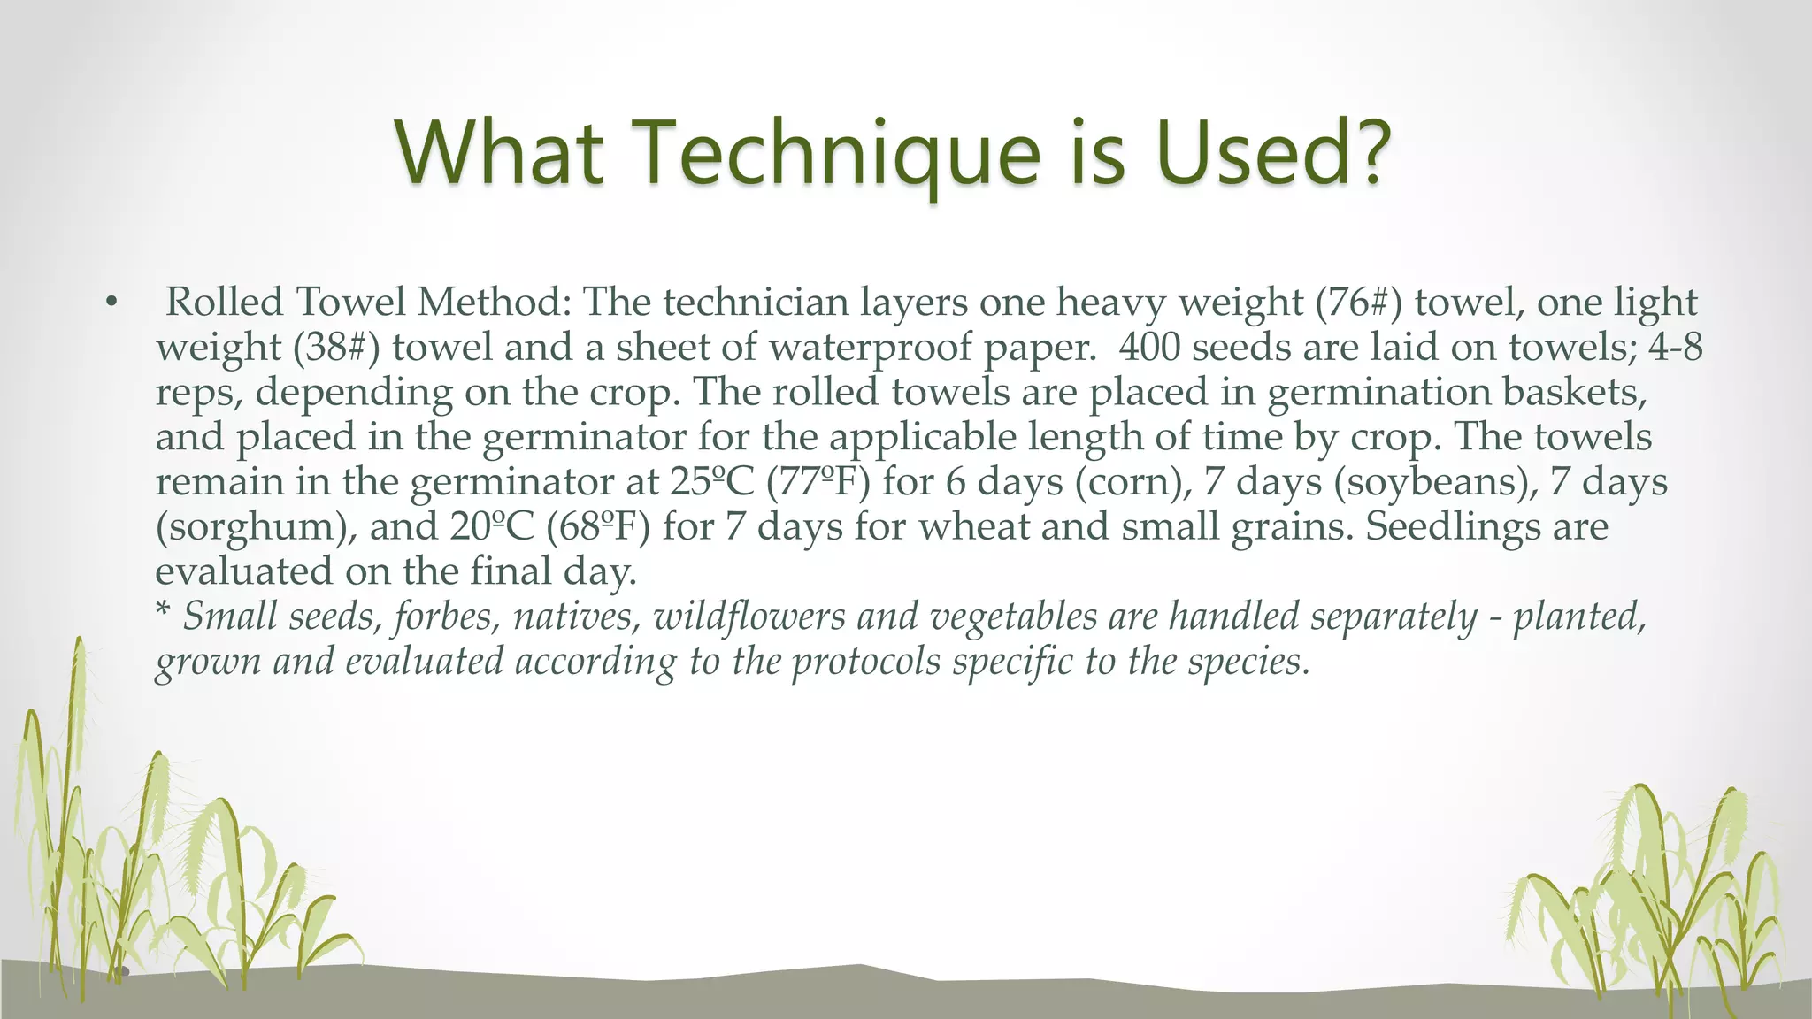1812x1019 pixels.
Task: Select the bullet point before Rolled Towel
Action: pos(111,303)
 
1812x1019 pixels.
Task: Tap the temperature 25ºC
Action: pos(712,481)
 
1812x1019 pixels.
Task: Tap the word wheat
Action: pos(973,526)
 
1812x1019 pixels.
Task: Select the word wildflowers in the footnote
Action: pos(749,616)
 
